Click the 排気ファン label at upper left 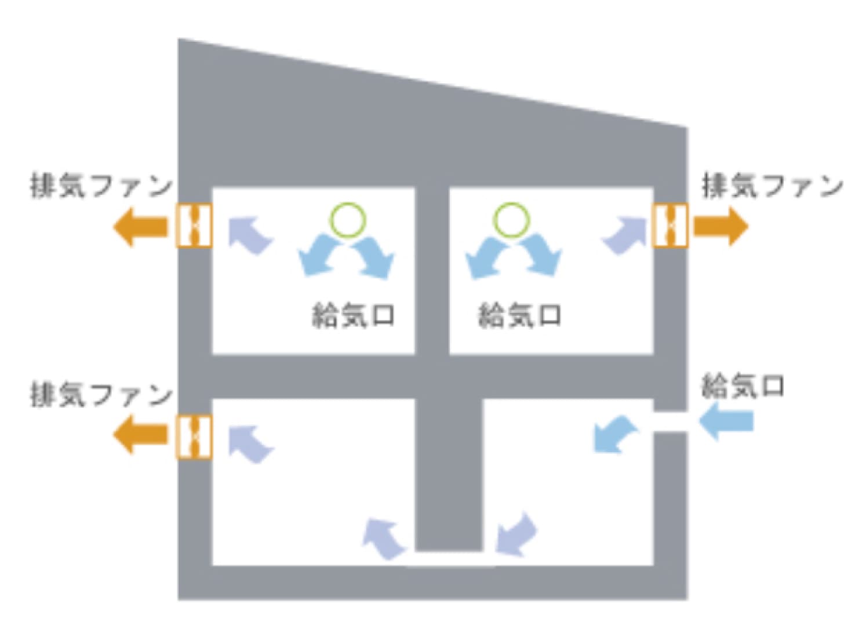coord(101,187)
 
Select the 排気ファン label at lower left coord(101,395)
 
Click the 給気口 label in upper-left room coord(353,315)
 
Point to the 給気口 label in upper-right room coord(519,315)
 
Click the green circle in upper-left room coord(348,220)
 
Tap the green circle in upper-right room coord(512,220)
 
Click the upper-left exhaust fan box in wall coord(194,226)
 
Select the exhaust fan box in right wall coord(670,226)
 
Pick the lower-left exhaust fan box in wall coord(194,437)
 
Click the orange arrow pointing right coord(721,227)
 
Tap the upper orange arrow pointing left coord(140,227)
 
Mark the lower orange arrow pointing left coord(140,434)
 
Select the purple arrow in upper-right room coord(624,235)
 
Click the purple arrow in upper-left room coord(251,235)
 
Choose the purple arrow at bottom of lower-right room coord(516,534)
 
